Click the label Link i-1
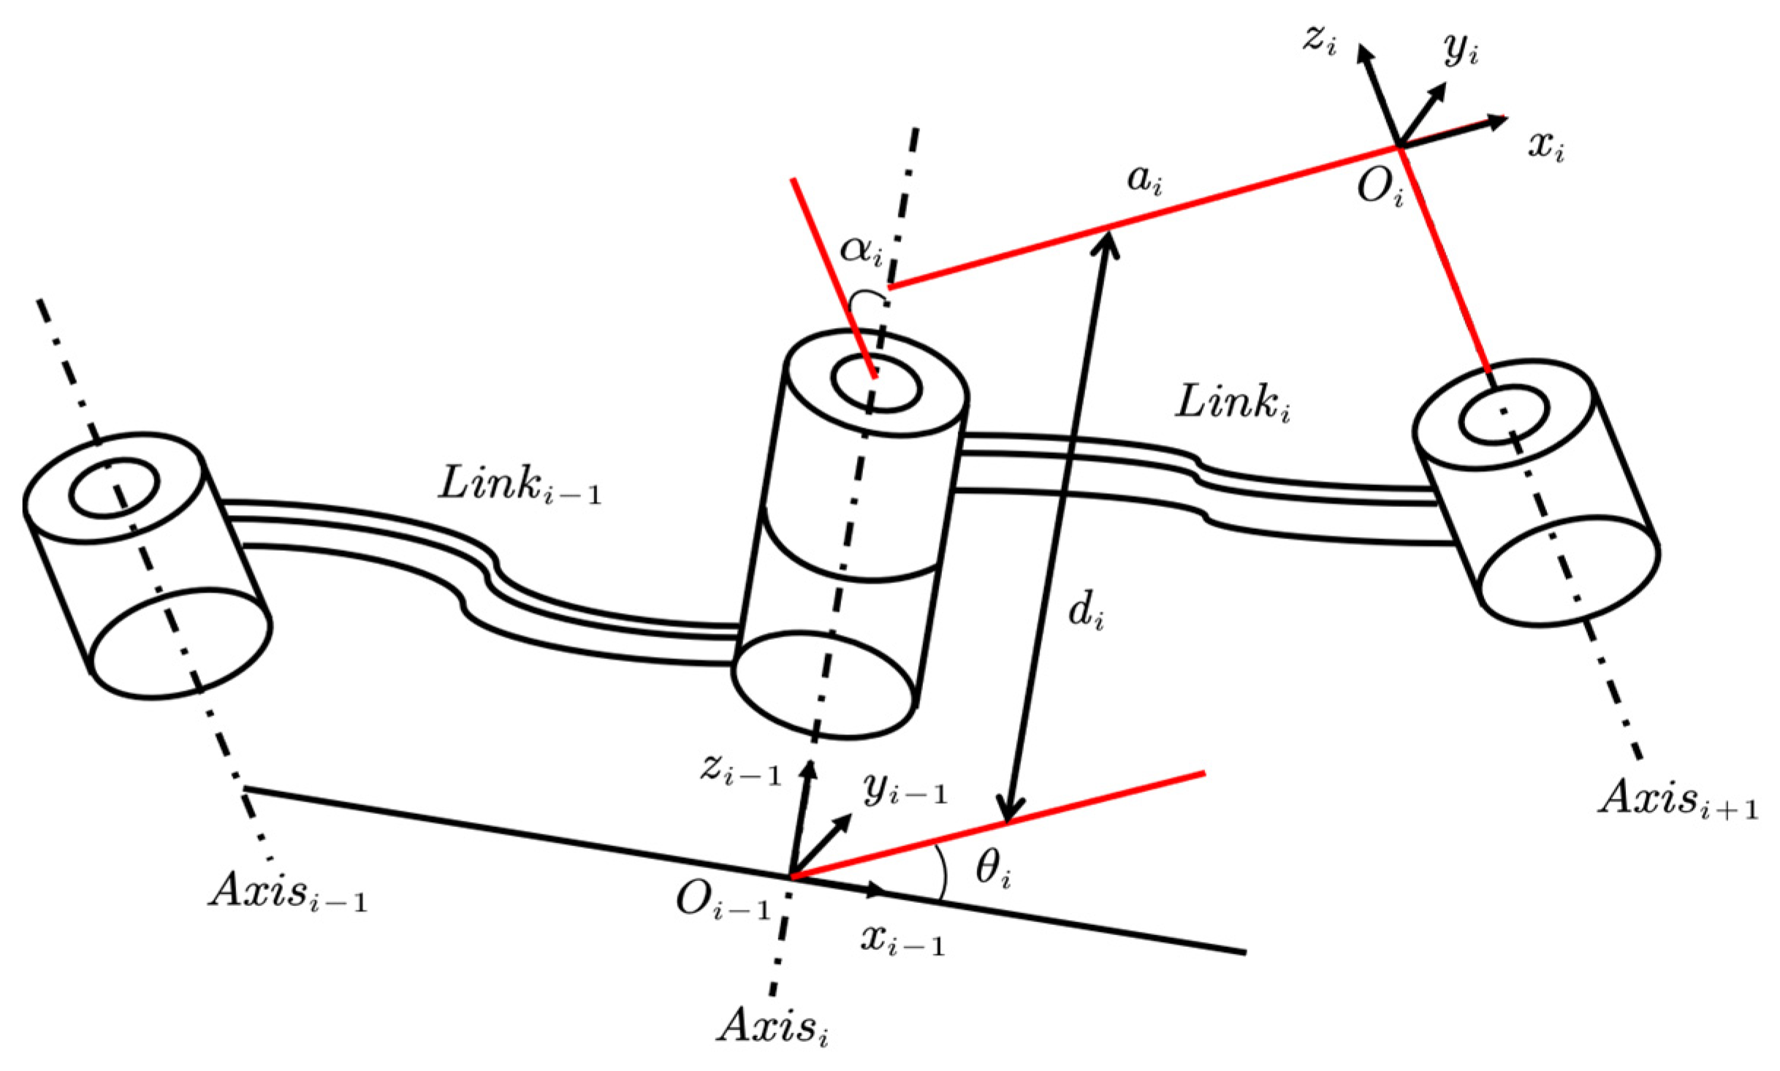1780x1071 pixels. click(519, 486)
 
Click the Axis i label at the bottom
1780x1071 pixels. click(775, 1027)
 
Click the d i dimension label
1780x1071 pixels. click(1086, 611)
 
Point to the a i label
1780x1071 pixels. click(1144, 178)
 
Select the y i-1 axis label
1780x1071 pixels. click(905, 789)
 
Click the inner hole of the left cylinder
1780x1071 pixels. click(114, 488)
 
